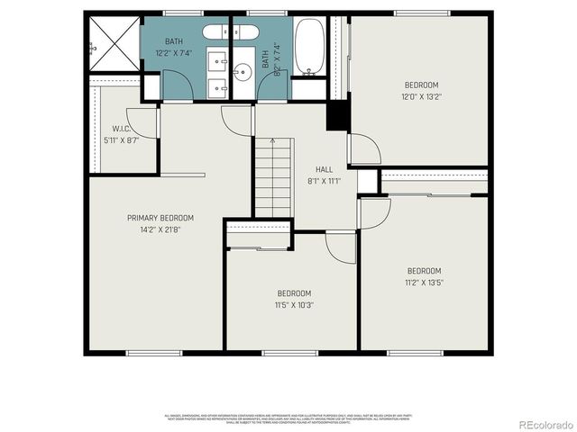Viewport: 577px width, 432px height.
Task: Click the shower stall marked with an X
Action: click(114, 44)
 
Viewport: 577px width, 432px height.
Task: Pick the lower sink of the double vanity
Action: click(218, 87)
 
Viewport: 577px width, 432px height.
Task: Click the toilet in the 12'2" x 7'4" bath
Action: click(217, 32)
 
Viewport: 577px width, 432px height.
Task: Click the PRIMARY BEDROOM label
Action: click(160, 218)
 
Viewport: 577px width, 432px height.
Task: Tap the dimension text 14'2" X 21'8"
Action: click(160, 229)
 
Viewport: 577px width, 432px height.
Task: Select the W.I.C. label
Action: click(123, 129)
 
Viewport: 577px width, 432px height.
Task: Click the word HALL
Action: click(324, 169)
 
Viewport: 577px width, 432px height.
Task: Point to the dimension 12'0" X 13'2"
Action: click(422, 96)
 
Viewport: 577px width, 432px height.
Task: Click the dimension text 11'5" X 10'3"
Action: click(294, 305)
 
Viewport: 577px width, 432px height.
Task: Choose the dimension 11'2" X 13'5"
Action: click(424, 283)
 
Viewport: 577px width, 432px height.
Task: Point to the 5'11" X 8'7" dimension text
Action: click(123, 140)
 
